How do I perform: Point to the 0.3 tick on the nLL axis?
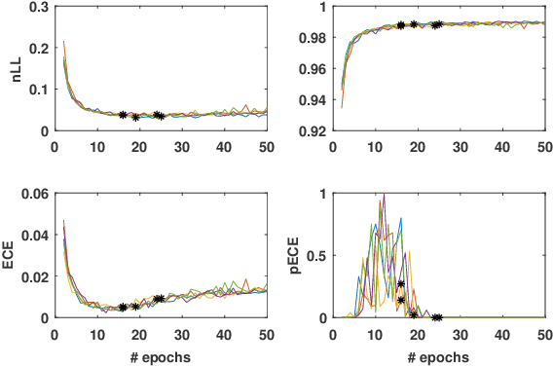tap(37, 7)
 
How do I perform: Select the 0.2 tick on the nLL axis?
tap(37, 48)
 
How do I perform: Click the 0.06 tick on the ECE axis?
tap(34, 193)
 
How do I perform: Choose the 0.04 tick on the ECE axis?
tap(34, 235)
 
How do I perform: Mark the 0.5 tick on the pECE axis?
tap(324, 255)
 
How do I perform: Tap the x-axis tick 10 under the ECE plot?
tap(95, 332)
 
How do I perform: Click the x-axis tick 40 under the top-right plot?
tap(501, 145)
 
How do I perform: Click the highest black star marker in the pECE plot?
tap(401, 284)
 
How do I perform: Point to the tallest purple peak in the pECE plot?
tap(383, 195)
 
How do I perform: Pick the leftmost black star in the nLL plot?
tap(123, 115)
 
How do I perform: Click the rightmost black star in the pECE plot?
tap(437, 317)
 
